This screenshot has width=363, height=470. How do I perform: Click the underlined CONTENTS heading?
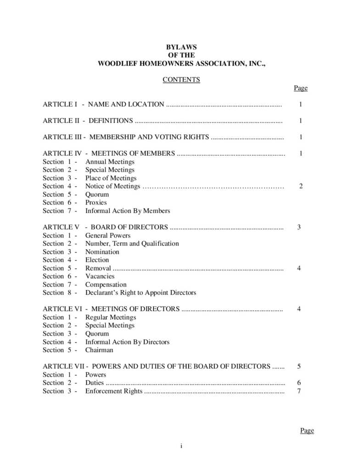point(181,79)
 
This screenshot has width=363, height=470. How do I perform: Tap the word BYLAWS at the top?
point(181,47)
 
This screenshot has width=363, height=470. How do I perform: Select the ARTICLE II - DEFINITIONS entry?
point(88,121)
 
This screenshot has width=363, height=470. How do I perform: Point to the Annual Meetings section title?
point(110,162)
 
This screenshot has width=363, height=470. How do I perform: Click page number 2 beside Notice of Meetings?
point(301,186)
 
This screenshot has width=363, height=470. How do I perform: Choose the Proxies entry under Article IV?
point(96,202)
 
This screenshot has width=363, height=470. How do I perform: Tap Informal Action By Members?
point(128,211)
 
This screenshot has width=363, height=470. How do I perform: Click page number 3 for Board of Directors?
point(299,227)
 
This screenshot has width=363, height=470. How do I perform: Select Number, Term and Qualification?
point(132,243)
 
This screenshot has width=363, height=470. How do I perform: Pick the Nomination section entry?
point(102,252)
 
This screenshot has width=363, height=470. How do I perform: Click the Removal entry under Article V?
point(98,268)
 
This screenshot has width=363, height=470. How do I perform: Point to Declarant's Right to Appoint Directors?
point(140,292)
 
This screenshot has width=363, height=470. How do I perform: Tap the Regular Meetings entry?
point(111,317)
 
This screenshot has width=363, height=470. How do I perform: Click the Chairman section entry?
point(99,350)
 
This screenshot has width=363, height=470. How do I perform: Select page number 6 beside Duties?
point(299,383)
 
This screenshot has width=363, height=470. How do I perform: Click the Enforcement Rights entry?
point(114,391)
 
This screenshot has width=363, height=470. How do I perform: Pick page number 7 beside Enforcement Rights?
point(299,391)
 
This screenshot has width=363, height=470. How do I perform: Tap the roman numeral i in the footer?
point(181,446)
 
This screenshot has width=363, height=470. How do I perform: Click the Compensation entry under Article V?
point(106,285)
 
